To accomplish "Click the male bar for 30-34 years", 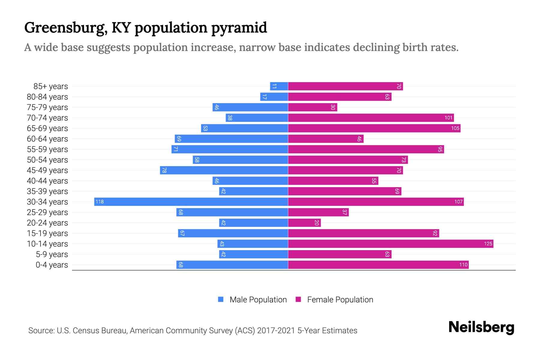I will click(x=191, y=202).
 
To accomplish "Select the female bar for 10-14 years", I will click(x=391, y=244).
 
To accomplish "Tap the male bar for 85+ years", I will click(x=279, y=86).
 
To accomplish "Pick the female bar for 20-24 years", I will click(x=304, y=223).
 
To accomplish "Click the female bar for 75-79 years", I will click(x=313, y=107).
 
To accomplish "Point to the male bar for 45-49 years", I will click(x=224, y=170).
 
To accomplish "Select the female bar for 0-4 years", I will click(x=378, y=265).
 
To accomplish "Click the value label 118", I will click(x=100, y=202).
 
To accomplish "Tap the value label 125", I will click(x=488, y=244).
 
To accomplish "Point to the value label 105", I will click(x=455, y=128).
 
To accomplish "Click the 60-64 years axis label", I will click(x=47, y=139).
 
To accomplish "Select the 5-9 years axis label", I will click(x=52, y=254).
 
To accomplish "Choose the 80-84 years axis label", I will click(x=47, y=97).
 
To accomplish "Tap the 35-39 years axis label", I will click(x=47, y=191).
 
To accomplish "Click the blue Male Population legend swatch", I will click(x=221, y=299).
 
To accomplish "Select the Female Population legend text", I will click(x=340, y=299).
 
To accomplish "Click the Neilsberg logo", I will click(x=481, y=327).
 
